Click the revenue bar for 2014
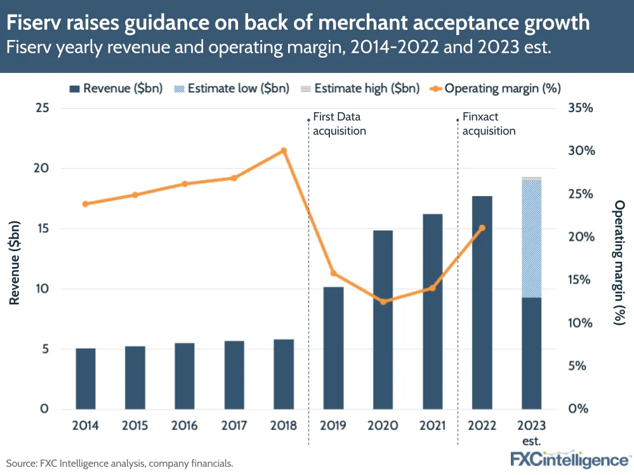86,379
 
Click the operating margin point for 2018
284,151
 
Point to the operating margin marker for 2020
383,301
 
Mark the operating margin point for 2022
482,228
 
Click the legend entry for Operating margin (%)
495,88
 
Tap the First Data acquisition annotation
340,124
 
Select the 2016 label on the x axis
185,426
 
